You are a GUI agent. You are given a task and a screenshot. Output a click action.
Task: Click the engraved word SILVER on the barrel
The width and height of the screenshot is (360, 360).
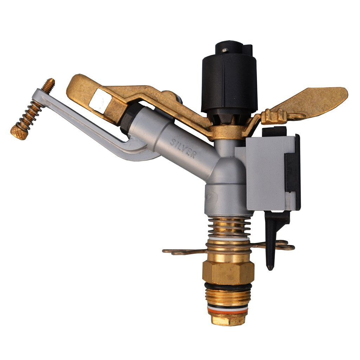pos(183,148)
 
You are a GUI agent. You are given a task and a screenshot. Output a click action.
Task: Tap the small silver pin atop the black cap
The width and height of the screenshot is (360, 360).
pos(225,50)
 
